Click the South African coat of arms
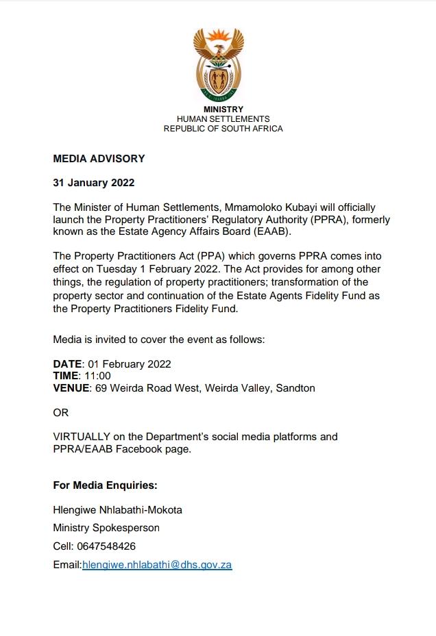[x=219, y=64]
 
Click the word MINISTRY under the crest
[x=223, y=110]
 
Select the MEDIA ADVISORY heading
[x=99, y=159]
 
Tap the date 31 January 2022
[x=93, y=183]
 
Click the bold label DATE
[x=68, y=364]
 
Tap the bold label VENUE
[x=71, y=388]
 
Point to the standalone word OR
[x=61, y=413]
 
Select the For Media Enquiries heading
[x=105, y=485]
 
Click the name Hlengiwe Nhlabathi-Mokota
[x=117, y=510]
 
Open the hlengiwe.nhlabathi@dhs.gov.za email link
[x=157, y=565]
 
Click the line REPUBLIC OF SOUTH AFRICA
[x=223, y=129]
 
